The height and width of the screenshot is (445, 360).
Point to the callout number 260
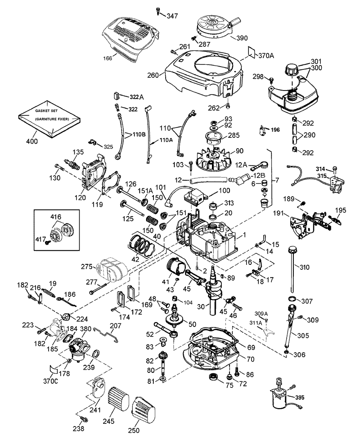tap(153, 75)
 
